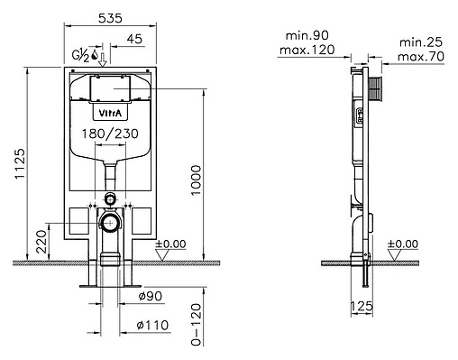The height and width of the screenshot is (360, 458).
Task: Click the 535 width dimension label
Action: (110, 18)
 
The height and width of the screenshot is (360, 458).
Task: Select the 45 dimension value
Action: (134, 39)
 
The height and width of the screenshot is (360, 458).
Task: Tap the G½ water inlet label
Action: (81, 55)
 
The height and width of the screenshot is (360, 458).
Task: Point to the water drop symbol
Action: (95, 54)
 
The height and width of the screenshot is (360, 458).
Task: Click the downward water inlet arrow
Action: (103, 60)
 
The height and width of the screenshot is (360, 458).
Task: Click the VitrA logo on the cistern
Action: (111, 113)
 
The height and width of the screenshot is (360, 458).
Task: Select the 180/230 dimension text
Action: (110, 134)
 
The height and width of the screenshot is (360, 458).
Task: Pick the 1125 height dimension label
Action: (21, 164)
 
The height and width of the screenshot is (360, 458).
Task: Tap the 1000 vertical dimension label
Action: (196, 180)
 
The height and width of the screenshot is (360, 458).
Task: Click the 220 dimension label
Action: (42, 242)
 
